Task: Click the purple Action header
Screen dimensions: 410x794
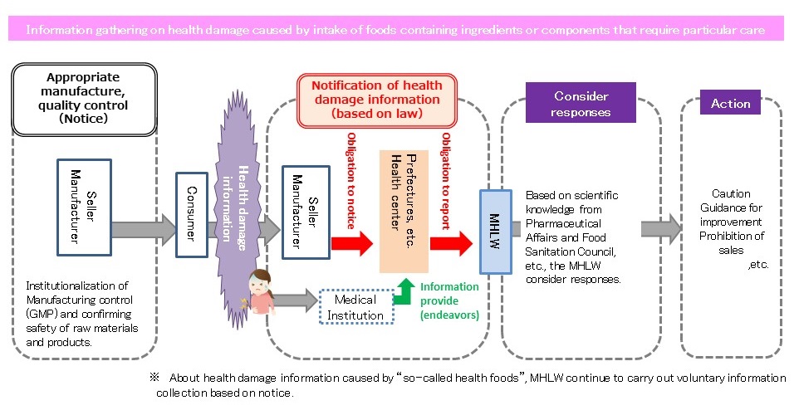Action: tap(730, 104)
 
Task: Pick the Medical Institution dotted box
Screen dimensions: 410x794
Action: tap(355, 306)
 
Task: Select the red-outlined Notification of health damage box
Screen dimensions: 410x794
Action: tap(376, 99)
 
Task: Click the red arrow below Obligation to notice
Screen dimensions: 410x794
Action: tap(350, 242)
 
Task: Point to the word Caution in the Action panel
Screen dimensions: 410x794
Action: tap(730, 193)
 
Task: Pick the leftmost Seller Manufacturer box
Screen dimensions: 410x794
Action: tap(83, 207)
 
